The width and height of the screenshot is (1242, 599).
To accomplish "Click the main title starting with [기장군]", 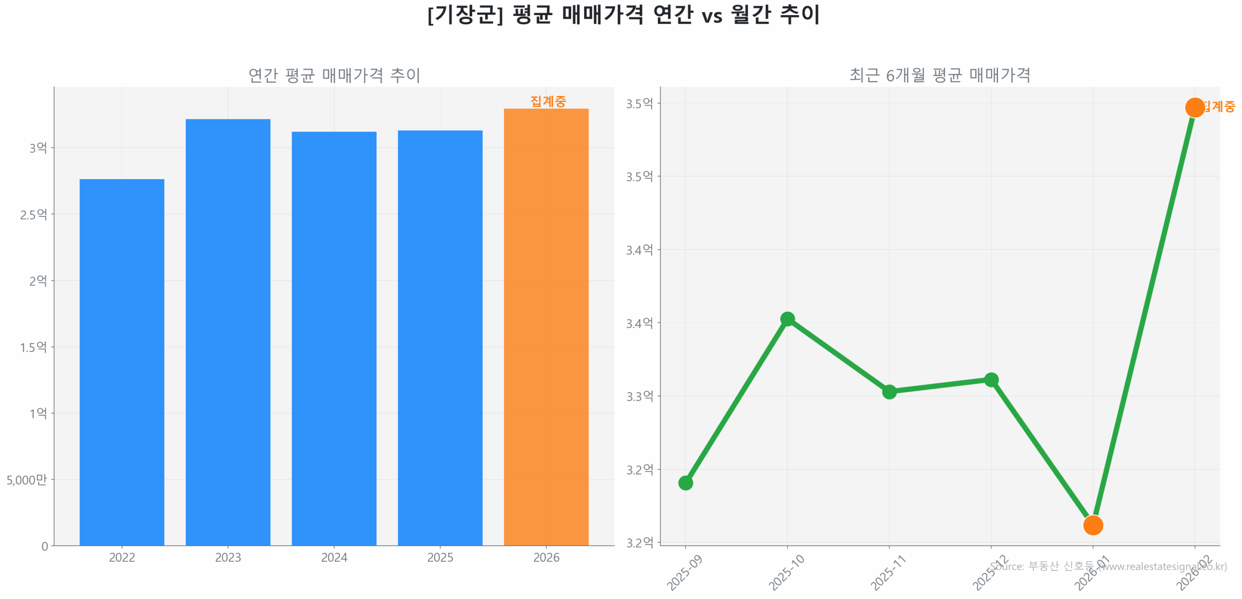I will click(622, 15).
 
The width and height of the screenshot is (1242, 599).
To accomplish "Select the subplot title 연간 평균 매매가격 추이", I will click(333, 75).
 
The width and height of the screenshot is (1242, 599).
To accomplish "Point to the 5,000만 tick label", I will click(26, 479).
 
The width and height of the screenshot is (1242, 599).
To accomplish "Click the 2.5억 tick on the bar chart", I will click(33, 214).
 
